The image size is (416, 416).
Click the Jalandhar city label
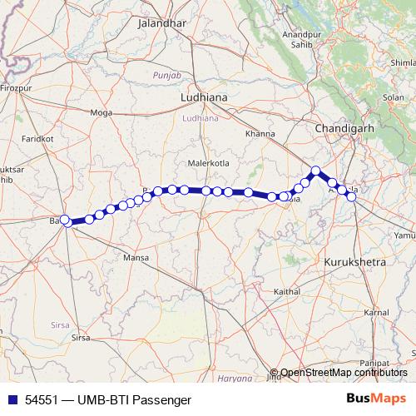click(x=161, y=24)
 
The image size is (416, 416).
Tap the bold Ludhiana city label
click(x=204, y=98)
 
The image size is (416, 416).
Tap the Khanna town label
click(x=260, y=133)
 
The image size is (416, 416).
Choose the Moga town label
click(x=101, y=112)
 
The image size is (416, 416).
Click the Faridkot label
click(x=37, y=138)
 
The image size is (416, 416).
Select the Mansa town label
click(x=135, y=260)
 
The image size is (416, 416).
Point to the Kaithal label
click(x=287, y=292)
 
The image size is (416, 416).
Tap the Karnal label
click(x=376, y=312)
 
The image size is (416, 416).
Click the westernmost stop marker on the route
click(x=65, y=220)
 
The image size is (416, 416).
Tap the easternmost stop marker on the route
click(x=351, y=196)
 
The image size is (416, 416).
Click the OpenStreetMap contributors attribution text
click(x=344, y=373)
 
